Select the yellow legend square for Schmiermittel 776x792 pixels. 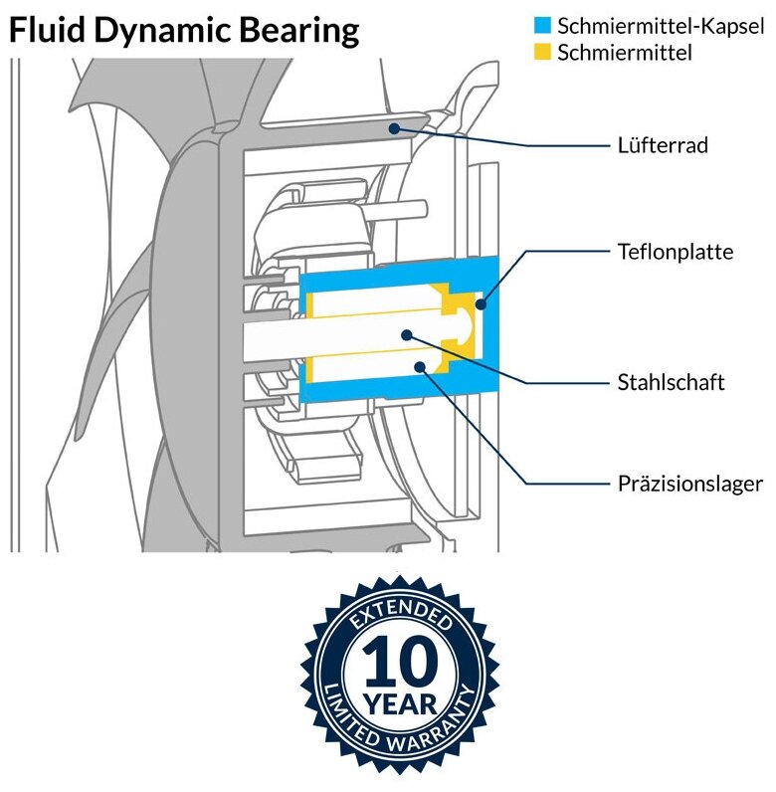[x=542, y=52]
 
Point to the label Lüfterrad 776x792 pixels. [x=662, y=145]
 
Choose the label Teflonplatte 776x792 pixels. [x=675, y=252]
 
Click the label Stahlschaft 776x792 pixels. [x=670, y=381]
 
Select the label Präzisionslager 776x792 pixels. [x=689, y=485]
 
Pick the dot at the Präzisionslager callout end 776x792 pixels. [x=421, y=368]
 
